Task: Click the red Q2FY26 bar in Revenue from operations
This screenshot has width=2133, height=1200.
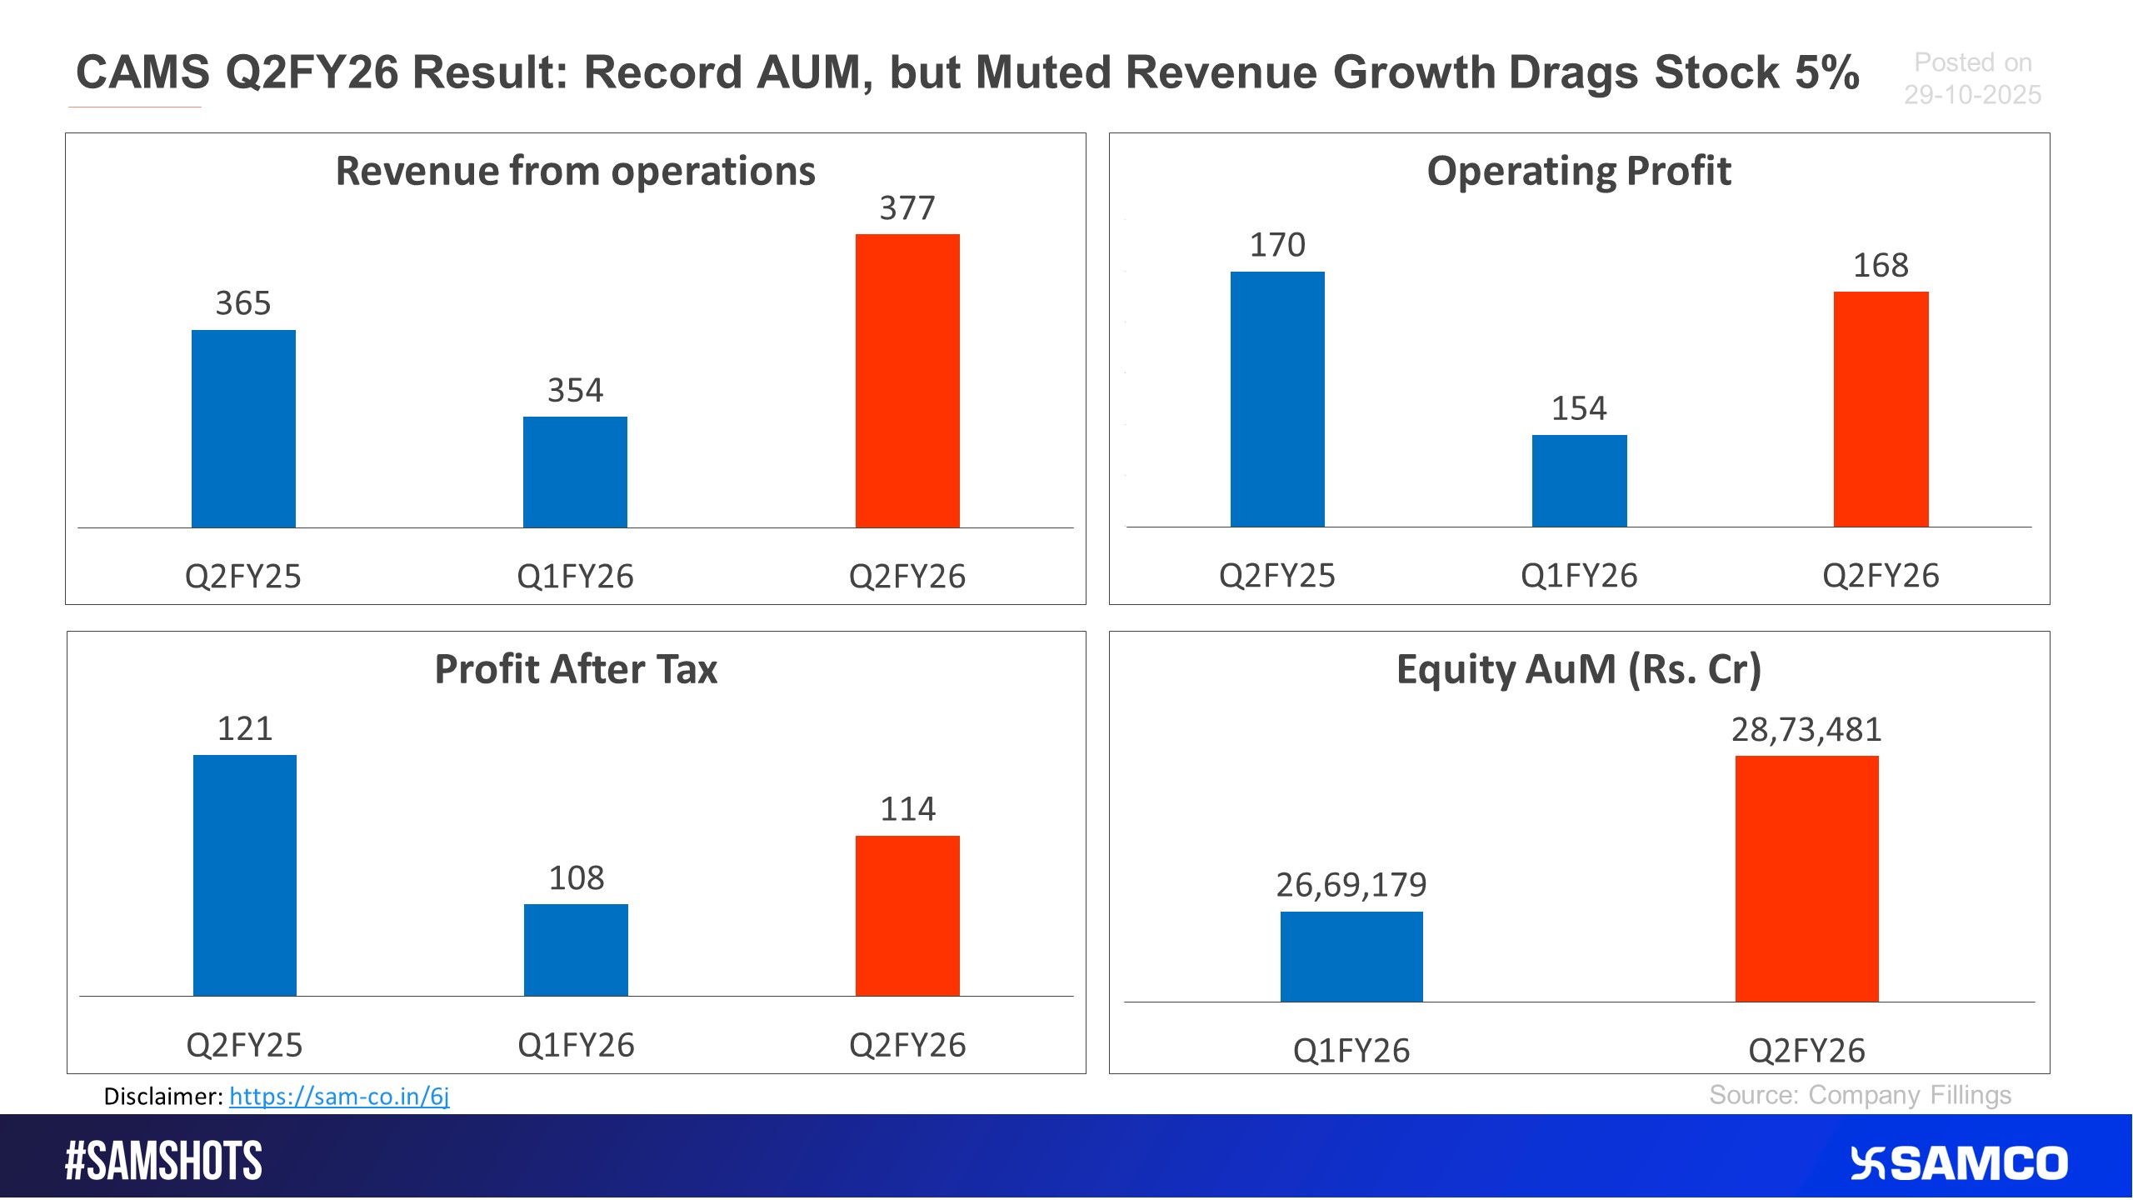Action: coord(907,381)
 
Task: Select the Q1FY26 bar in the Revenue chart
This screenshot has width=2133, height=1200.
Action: coord(575,472)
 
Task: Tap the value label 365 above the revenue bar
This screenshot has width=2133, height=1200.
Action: coord(243,303)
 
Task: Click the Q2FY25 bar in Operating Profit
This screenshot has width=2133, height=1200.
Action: coord(1277,399)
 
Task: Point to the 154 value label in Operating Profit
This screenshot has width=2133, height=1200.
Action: coord(1579,408)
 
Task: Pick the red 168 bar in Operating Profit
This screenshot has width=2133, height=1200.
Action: coord(1881,409)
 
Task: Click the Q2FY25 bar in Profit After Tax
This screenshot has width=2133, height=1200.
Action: coord(244,875)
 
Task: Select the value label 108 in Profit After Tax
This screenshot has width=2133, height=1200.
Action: coord(576,877)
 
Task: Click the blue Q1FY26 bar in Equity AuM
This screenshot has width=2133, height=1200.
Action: coord(1351,956)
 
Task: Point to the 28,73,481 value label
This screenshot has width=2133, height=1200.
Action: coord(1806,729)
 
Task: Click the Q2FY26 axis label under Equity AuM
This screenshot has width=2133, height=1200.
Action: coord(1806,1050)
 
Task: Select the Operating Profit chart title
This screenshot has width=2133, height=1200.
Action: coord(1579,171)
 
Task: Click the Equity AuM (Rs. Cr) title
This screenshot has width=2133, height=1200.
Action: coord(1579,669)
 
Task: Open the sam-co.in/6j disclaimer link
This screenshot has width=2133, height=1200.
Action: coord(339,1096)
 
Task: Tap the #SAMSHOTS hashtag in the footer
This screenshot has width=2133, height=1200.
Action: coord(163,1160)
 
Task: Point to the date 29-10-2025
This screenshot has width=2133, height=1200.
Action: coord(1972,95)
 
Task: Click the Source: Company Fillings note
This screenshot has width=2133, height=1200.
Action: coord(1860,1094)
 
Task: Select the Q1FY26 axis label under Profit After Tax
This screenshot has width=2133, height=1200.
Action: coord(576,1045)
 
